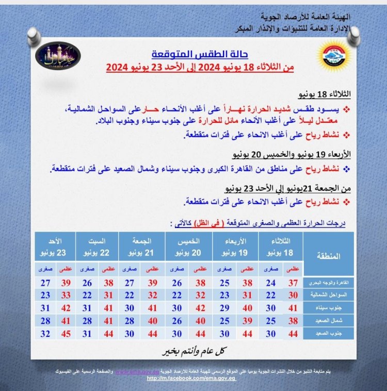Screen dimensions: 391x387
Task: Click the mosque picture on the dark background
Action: [x=58, y=55]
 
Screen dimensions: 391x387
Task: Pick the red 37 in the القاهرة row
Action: [x=293, y=283]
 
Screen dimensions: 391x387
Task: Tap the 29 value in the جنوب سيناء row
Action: [x=225, y=309]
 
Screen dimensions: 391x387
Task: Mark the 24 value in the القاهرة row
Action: [x=270, y=283]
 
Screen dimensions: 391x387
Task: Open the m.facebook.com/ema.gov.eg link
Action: [x=189, y=378]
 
